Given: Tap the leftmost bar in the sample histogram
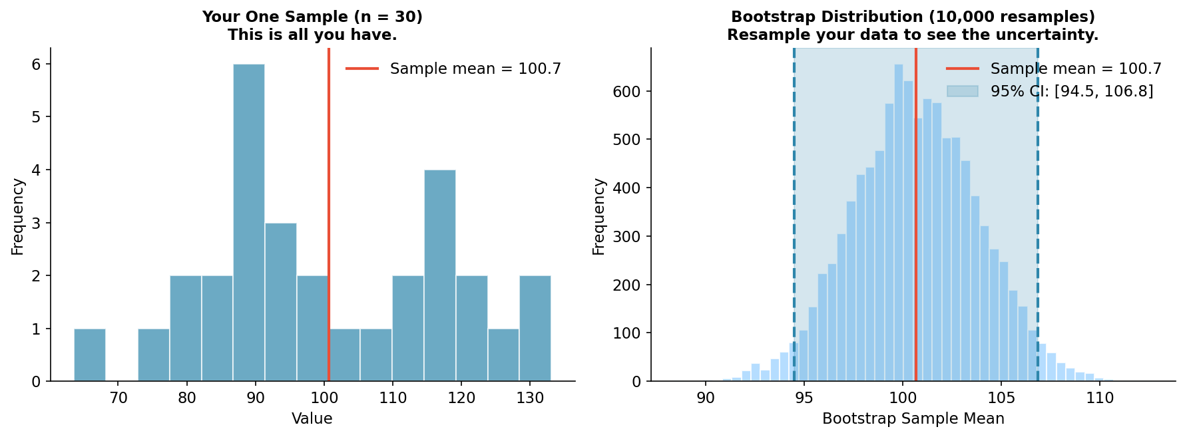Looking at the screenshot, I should [89, 355].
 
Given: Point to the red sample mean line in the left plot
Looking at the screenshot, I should [328, 200].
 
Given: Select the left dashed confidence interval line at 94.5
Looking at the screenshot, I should [794, 200].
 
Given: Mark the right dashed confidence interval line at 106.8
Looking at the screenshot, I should [1037, 200].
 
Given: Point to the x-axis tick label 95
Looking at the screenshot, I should [804, 398].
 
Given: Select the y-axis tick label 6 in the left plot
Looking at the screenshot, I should [35, 65].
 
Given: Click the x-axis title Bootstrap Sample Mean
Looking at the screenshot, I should [913, 419].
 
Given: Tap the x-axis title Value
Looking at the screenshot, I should [312, 419].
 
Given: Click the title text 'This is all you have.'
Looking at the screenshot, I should [312, 35].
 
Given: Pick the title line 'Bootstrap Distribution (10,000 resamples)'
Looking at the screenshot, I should [913, 17].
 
